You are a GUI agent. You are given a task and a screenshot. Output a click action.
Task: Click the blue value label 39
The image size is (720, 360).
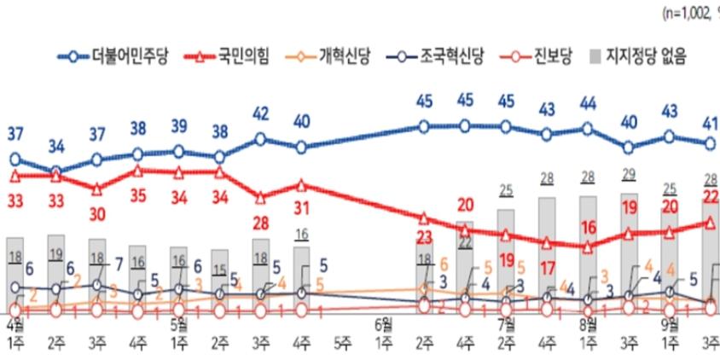[179, 127]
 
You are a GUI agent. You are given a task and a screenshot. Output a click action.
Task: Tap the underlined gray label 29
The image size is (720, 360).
[629, 175]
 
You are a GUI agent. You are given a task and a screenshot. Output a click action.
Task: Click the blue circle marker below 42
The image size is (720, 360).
[261, 139]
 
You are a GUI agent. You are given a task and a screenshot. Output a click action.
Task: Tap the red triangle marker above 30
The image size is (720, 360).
[96, 189]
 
